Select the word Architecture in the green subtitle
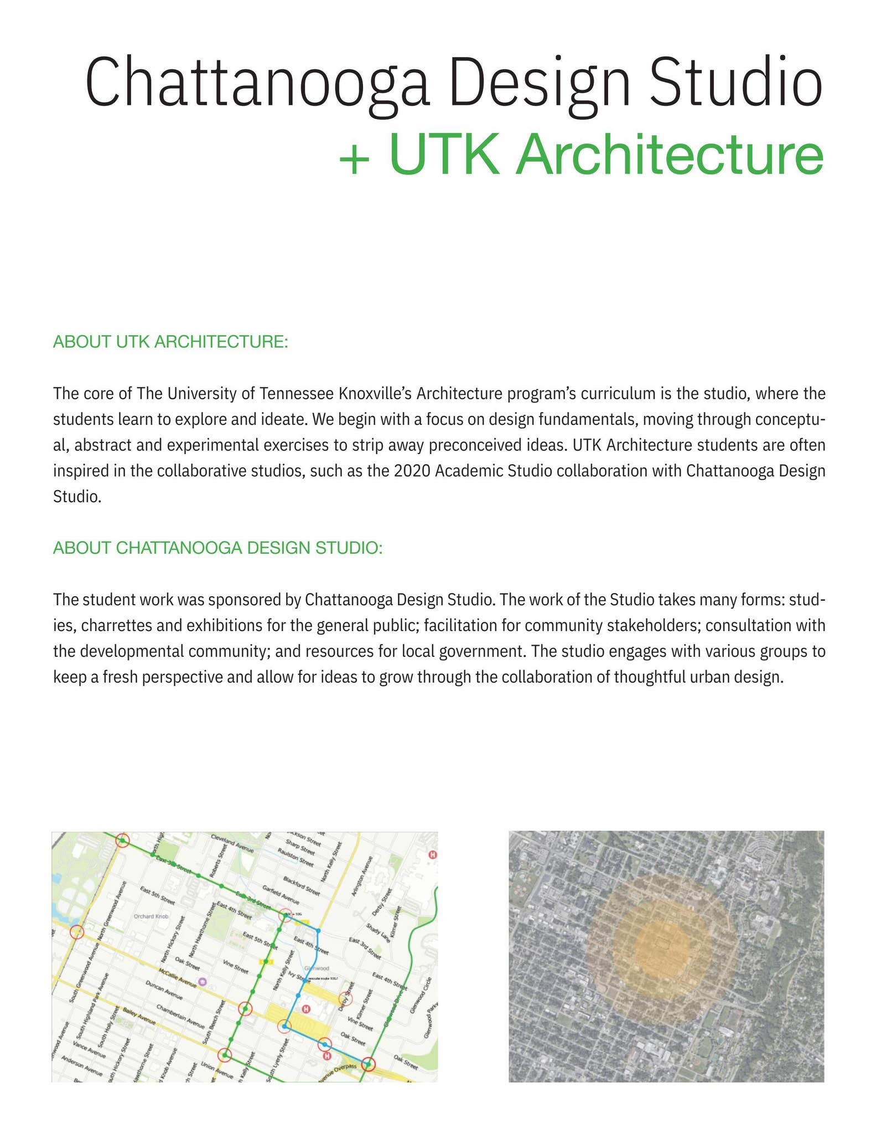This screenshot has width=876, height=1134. coord(670,154)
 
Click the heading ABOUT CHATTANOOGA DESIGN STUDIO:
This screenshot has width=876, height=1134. coord(217,548)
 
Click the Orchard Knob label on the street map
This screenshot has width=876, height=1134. coord(151,916)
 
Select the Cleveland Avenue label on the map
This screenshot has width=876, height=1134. coord(232,844)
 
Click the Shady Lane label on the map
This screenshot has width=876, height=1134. coord(379,931)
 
